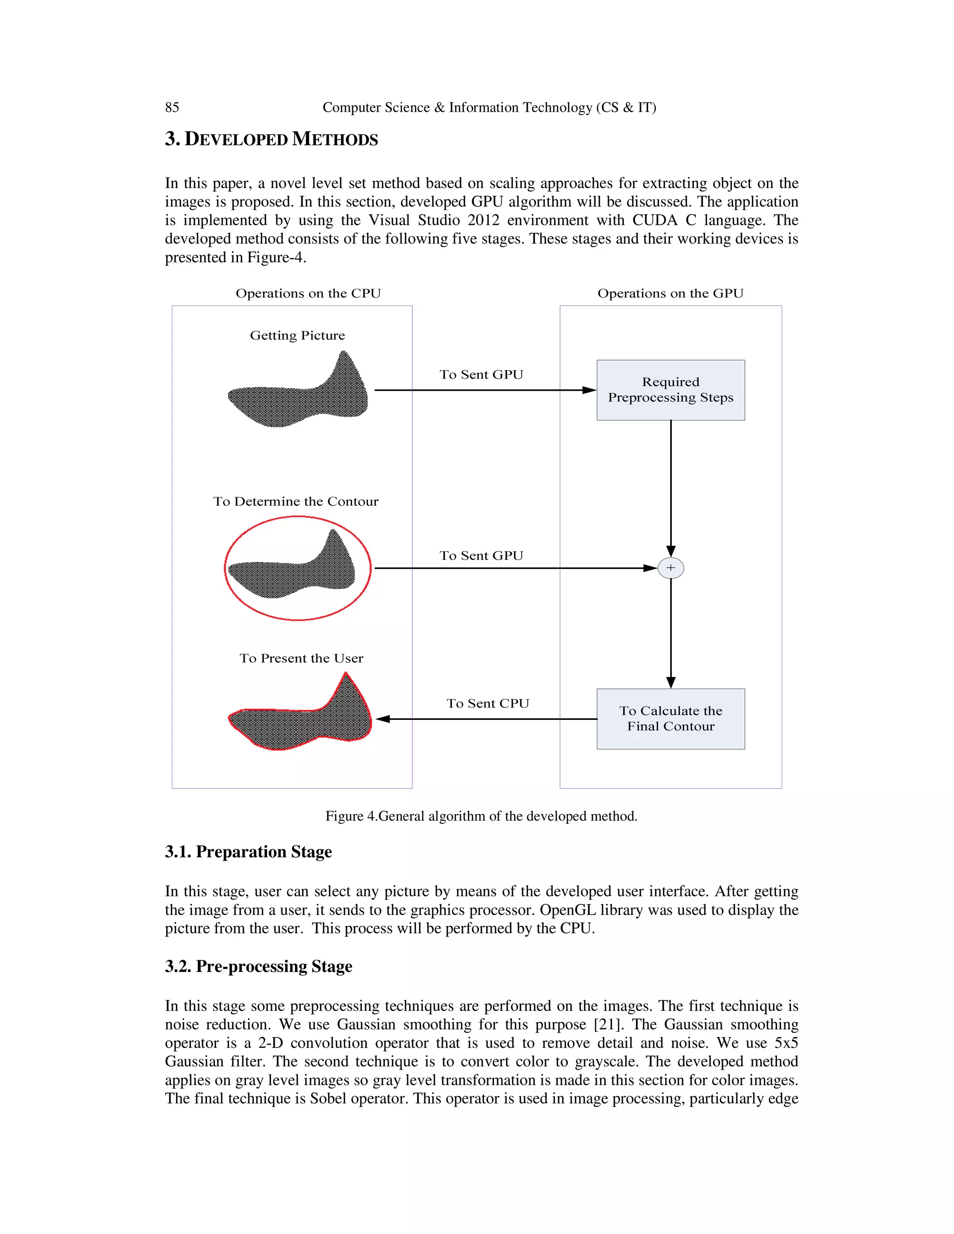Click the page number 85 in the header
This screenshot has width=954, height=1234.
172,108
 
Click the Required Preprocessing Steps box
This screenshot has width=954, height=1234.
670,390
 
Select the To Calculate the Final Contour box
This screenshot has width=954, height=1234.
670,719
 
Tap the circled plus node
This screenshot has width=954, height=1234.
671,568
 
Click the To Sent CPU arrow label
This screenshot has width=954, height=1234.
488,704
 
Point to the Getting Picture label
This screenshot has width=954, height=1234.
297,336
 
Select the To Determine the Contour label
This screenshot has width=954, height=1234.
296,502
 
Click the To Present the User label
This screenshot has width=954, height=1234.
301,658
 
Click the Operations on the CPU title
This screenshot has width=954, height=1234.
308,293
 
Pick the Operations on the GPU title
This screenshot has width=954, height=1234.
670,293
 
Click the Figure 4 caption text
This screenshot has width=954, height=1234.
481,816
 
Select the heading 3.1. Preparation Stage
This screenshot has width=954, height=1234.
248,852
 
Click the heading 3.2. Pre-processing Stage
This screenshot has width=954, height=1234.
258,966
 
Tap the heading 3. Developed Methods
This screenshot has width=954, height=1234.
271,139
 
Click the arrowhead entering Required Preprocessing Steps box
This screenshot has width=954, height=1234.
589,390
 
